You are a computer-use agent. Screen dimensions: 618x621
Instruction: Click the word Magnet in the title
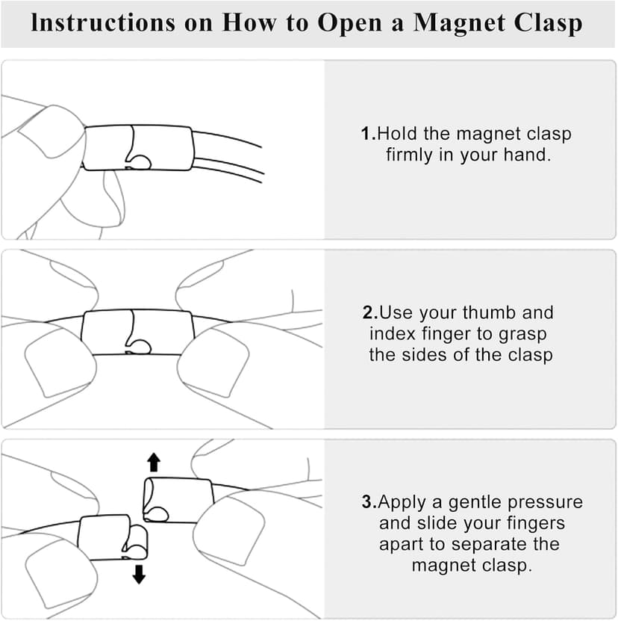point(458,22)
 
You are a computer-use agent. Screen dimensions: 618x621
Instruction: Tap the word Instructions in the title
point(103,22)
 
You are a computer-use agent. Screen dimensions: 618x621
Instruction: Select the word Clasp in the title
point(548,23)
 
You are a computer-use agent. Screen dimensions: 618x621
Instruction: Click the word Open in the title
point(350,24)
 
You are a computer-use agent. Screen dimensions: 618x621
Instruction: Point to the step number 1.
point(366,134)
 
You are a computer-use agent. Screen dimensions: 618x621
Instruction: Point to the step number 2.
point(369,312)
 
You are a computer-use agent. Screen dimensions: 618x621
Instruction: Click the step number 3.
point(367,501)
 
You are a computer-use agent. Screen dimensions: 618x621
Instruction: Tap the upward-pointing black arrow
point(154,463)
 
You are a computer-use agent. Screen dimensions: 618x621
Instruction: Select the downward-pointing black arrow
point(139,575)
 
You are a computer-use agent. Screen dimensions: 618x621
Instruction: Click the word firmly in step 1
point(410,155)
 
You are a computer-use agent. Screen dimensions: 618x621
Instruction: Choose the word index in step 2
point(393,333)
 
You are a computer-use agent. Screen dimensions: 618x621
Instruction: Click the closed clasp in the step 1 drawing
point(138,148)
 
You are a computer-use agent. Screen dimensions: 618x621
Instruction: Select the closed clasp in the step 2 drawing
point(137,332)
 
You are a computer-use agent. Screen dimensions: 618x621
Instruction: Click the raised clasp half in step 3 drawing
point(178,500)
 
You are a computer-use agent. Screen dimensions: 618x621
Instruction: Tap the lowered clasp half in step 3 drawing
point(113,537)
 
